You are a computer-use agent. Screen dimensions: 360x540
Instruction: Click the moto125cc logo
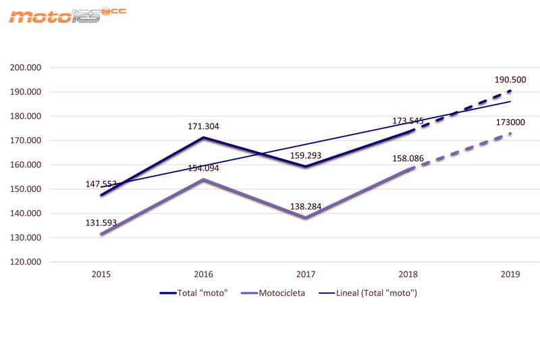pos(67,15)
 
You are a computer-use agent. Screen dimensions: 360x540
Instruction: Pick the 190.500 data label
pos(510,80)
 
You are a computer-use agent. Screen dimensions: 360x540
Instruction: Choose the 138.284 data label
pos(306,203)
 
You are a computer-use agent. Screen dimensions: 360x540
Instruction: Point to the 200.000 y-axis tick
pos(27,68)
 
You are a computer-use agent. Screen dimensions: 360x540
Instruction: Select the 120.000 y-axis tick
pos(27,262)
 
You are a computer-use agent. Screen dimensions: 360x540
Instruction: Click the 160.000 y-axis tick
pos(27,165)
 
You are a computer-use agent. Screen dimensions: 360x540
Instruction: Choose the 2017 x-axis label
pos(307,276)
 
